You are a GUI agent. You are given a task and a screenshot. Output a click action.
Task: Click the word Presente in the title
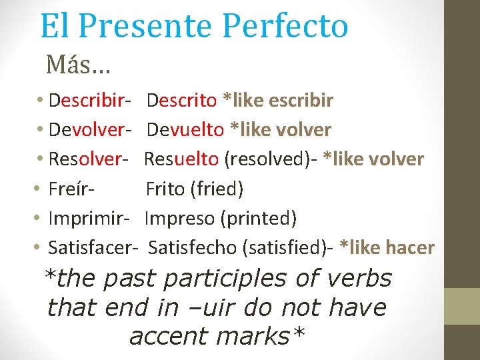[x=147, y=27]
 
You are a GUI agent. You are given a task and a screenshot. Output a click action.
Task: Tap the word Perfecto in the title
[x=285, y=27]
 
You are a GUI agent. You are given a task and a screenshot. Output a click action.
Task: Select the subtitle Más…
[x=78, y=65]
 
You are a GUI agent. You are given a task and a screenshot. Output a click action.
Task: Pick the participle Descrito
[x=181, y=101]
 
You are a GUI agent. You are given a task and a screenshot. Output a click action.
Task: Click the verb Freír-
[x=71, y=189]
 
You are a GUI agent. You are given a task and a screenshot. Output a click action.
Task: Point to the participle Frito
[x=165, y=189]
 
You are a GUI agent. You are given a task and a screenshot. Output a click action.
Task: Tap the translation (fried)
[x=217, y=189]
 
